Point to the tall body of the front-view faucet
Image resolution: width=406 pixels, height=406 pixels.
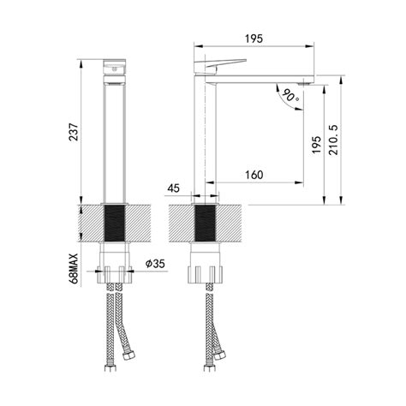pyautogui.click(x=114, y=137)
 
